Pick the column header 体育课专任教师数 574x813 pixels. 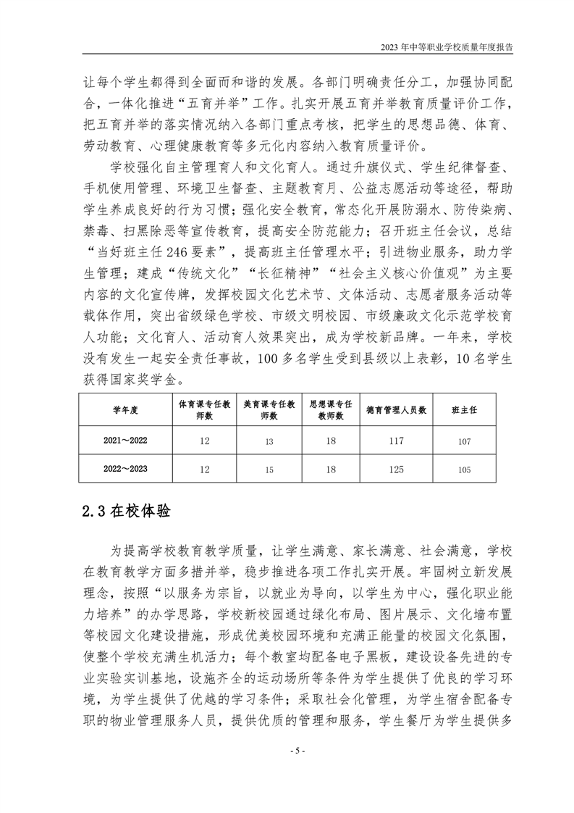coord(204,409)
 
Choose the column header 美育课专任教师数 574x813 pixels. coord(269,409)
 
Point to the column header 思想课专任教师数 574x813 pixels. coord(331,409)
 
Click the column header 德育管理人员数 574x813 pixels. coord(396,409)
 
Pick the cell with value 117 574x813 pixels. coord(396,441)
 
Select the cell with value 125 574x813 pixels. coord(396,470)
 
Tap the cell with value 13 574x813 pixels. coord(269,441)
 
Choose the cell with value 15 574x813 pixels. coord(269,470)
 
